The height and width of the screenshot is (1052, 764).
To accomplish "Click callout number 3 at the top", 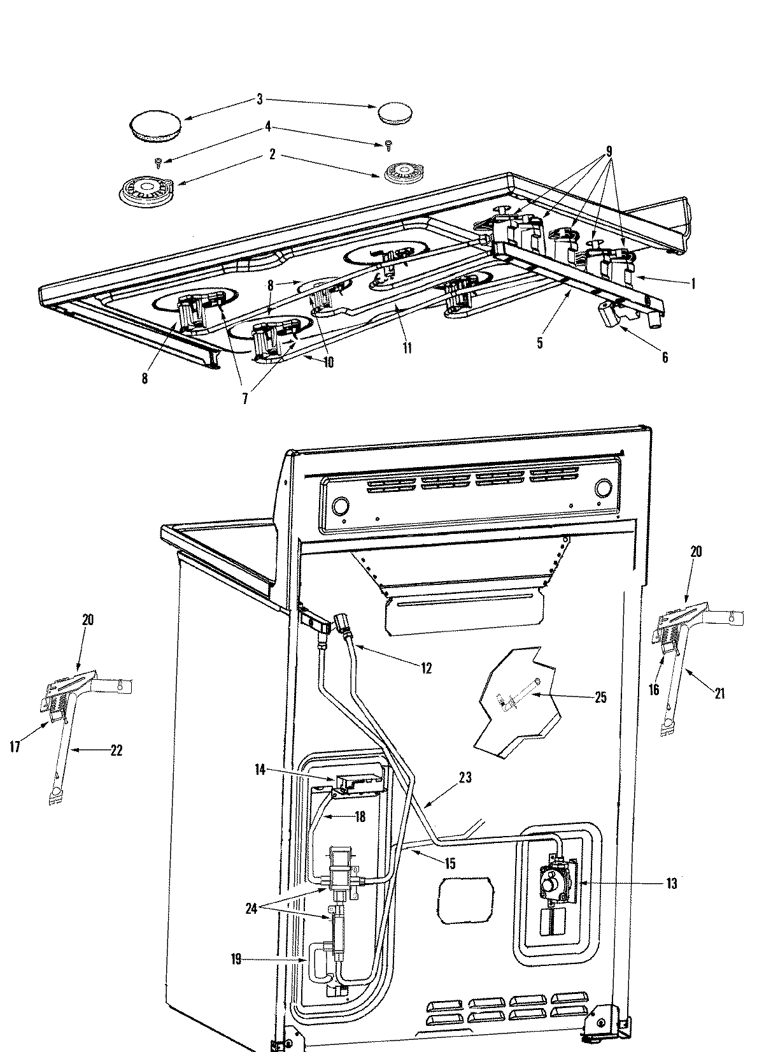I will pos(259,99).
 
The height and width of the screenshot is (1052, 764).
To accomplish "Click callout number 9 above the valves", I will pos(609,152).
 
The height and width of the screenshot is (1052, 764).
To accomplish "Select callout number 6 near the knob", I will pos(665,357).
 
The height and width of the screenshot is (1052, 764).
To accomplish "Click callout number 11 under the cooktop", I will pos(407,348).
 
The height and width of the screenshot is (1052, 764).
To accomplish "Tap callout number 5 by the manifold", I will pos(540,343).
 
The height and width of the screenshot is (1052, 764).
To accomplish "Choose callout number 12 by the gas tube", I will pos(426,668).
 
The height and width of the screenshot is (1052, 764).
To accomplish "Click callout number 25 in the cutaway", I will pos(600,697).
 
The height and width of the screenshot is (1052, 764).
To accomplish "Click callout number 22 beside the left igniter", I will pos(116,751).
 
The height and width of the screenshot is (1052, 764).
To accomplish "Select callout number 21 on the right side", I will pos(719,694).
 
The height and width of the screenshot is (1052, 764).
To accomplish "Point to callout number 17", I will pos(16,746).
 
